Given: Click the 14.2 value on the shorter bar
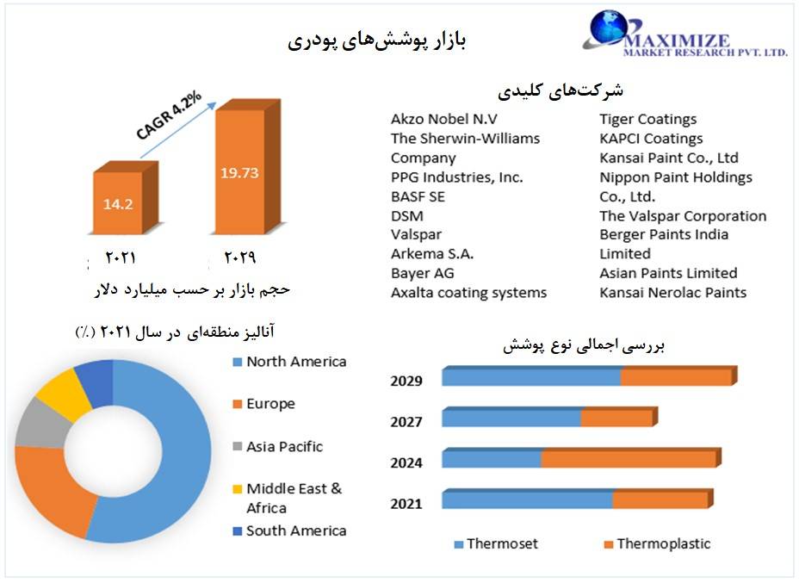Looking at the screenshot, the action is click(x=118, y=204).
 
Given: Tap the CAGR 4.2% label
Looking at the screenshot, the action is click(x=169, y=115).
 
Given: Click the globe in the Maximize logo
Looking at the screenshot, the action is click(x=609, y=28).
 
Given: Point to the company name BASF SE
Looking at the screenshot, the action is click(x=418, y=196).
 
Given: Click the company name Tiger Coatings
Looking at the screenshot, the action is click(x=647, y=119).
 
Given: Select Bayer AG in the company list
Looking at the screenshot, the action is click(x=423, y=273).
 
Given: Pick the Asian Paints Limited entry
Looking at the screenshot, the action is click(x=668, y=273).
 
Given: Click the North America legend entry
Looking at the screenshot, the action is click(x=289, y=362).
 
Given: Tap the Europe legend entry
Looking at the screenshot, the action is click(x=264, y=404).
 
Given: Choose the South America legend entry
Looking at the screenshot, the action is click(x=289, y=531).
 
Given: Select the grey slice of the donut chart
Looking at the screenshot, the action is click(x=42, y=423).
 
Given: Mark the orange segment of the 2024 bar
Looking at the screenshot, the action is click(x=631, y=459).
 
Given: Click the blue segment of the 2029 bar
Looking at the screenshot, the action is click(x=531, y=377).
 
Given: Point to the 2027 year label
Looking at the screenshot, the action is click(x=406, y=422).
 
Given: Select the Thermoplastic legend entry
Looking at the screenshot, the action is click(x=657, y=544).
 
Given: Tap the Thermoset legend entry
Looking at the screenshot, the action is click(x=496, y=544).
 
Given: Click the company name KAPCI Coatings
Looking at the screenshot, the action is click(x=651, y=139).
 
